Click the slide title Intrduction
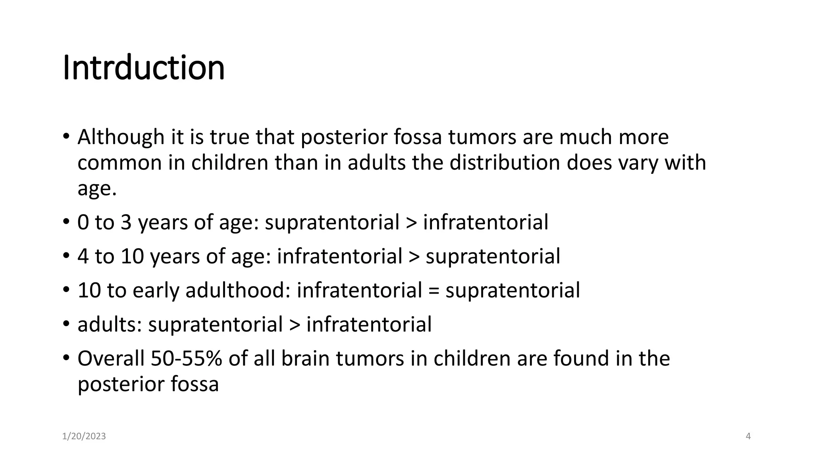[x=144, y=67]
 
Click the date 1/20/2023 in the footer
[x=84, y=436]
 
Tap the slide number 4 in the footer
[x=748, y=436]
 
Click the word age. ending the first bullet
[x=97, y=189]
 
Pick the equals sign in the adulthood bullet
[x=433, y=290]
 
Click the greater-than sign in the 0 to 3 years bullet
[x=411, y=222]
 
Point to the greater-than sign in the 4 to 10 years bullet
[x=414, y=256]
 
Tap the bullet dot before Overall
[x=66, y=358]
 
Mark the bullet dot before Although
[x=66, y=136]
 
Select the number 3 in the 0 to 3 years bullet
[x=126, y=222]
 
